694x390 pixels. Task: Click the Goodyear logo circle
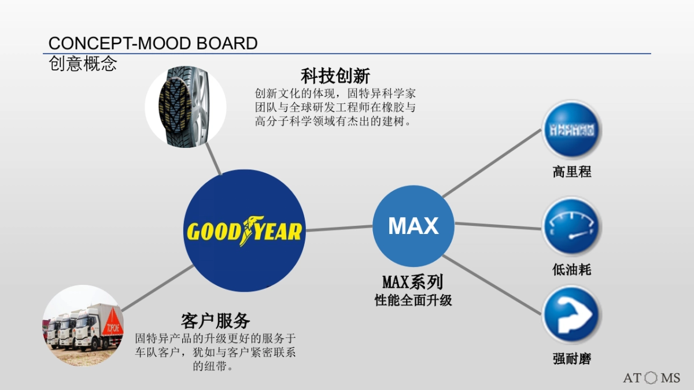[x=245, y=231]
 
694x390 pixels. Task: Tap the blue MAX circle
[x=413, y=226]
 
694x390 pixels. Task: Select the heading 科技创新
[x=335, y=76]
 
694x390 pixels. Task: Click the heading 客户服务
[x=215, y=321]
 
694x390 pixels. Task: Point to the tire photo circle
[x=185, y=106]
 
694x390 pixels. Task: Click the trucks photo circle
[x=83, y=325]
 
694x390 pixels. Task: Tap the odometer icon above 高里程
[x=571, y=130]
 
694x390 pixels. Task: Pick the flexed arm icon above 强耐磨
[x=571, y=316]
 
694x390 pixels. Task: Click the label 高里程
[x=571, y=172]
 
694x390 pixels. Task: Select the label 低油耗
[x=571, y=269]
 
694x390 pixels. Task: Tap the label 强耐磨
[x=571, y=359]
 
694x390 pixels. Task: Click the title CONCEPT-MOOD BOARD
[x=153, y=43]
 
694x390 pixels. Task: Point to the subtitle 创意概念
[x=83, y=64]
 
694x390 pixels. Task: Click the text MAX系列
[x=412, y=283]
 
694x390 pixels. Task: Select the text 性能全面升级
[x=413, y=300]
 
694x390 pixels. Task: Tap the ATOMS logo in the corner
[x=651, y=378]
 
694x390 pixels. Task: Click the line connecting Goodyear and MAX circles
[x=339, y=228]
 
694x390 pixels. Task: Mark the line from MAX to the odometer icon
[x=492, y=164]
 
